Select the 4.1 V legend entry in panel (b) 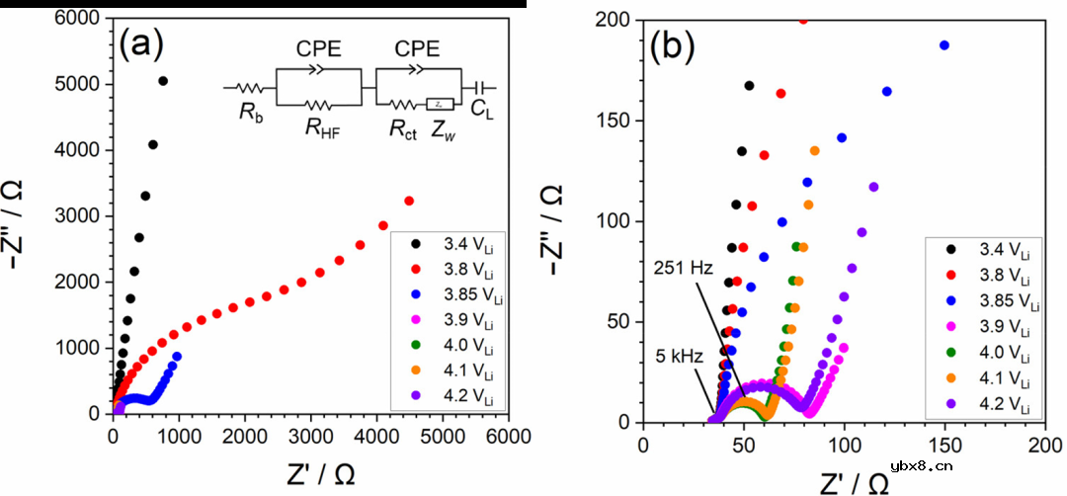[993, 380]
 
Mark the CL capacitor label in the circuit [481, 111]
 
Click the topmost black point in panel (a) [163, 81]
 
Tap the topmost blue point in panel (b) [944, 44]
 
